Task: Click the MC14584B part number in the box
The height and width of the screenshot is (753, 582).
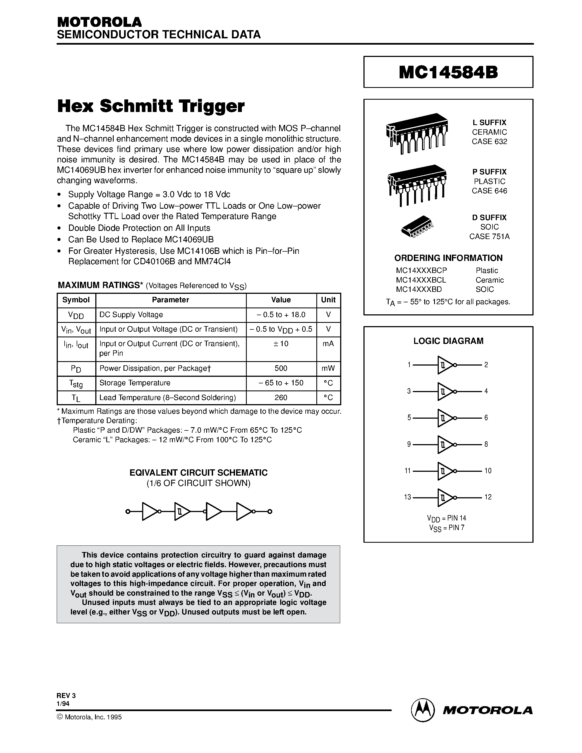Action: [x=448, y=72]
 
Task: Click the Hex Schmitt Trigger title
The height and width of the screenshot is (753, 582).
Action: [x=151, y=106]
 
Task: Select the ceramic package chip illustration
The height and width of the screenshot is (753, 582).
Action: [x=417, y=133]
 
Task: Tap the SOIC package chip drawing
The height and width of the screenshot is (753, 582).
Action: [x=417, y=226]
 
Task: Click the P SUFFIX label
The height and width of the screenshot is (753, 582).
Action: [x=489, y=172]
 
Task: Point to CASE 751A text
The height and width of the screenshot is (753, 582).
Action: [x=489, y=237]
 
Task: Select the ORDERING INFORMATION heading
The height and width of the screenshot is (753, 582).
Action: [x=448, y=258]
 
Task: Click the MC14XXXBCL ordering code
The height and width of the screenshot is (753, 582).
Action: [x=421, y=280]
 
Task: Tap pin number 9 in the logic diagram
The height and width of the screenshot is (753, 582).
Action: [x=409, y=444]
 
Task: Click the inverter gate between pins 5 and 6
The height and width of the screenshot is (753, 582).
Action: [x=445, y=418]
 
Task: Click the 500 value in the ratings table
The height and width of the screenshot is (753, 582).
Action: [x=281, y=368]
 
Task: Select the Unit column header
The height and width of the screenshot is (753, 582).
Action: [x=328, y=300]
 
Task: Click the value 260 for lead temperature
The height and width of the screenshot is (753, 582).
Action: [x=281, y=398]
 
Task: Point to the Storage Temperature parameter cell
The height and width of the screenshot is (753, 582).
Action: [x=135, y=383]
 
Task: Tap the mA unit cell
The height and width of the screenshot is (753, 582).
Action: [x=328, y=344]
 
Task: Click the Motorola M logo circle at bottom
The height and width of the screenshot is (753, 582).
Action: [x=422, y=710]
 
